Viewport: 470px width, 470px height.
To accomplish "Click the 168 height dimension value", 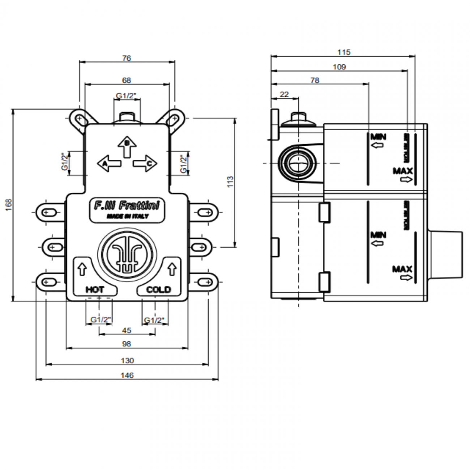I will click(x=9, y=205).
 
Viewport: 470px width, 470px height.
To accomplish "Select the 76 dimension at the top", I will click(x=127, y=58).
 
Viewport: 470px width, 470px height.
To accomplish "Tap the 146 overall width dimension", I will click(x=127, y=375).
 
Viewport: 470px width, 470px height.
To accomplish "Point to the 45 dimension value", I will click(x=127, y=330).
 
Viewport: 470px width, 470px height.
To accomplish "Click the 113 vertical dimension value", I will click(x=230, y=181).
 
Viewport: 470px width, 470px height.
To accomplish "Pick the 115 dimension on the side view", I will click(x=344, y=52).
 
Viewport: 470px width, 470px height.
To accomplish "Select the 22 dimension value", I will click(x=285, y=94).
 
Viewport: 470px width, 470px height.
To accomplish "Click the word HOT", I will click(x=95, y=290).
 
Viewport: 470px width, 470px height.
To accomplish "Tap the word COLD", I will click(x=158, y=290).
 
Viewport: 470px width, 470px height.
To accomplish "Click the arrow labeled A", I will click(x=108, y=163).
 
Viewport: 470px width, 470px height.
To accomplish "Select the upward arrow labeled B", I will click(x=127, y=146).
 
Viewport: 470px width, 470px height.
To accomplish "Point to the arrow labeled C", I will click(x=145, y=163).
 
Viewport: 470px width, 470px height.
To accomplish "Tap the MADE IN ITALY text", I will click(x=127, y=216).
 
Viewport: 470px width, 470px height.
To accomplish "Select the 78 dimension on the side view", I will click(x=315, y=80).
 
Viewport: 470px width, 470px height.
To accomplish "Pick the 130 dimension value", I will click(x=127, y=360).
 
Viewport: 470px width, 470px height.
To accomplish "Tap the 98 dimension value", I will click(x=127, y=344).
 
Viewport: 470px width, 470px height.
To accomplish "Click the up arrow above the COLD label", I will click(x=172, y=269).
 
